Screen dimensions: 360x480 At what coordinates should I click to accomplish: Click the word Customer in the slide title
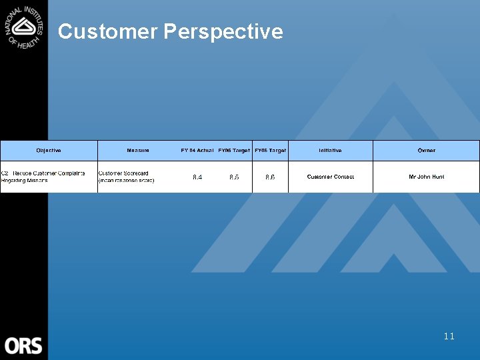[107, 31]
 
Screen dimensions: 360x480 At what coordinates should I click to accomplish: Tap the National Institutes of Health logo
[24, 26]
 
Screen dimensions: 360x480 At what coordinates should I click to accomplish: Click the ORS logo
[23, 346]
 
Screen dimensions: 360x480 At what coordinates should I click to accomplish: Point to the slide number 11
[449, 336]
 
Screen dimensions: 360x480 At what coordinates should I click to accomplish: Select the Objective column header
[49, 151]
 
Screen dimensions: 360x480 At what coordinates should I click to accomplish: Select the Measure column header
[138, 151]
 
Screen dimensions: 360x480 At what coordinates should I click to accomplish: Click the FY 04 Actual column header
[197, 151]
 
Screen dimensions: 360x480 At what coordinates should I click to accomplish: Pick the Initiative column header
[330, 151]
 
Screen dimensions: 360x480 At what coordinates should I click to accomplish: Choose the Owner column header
[426, 151]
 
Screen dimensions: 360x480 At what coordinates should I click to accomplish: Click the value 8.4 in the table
[197, 177]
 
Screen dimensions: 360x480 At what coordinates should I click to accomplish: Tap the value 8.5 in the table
[234, 177]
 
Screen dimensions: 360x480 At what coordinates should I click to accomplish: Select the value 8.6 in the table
[270, 177]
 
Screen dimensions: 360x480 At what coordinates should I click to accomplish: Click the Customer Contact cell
[330, 177]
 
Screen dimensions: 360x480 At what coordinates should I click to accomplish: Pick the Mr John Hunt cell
[426, 177]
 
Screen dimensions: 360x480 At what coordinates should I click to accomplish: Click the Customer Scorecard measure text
[123, 173]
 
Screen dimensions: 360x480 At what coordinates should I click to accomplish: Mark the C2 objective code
[5, 173]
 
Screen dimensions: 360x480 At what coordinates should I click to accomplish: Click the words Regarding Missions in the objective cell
[25, 181]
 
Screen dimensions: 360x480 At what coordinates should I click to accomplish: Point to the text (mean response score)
[126, 181]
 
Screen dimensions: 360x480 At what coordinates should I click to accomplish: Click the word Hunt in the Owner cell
[437, 177]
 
